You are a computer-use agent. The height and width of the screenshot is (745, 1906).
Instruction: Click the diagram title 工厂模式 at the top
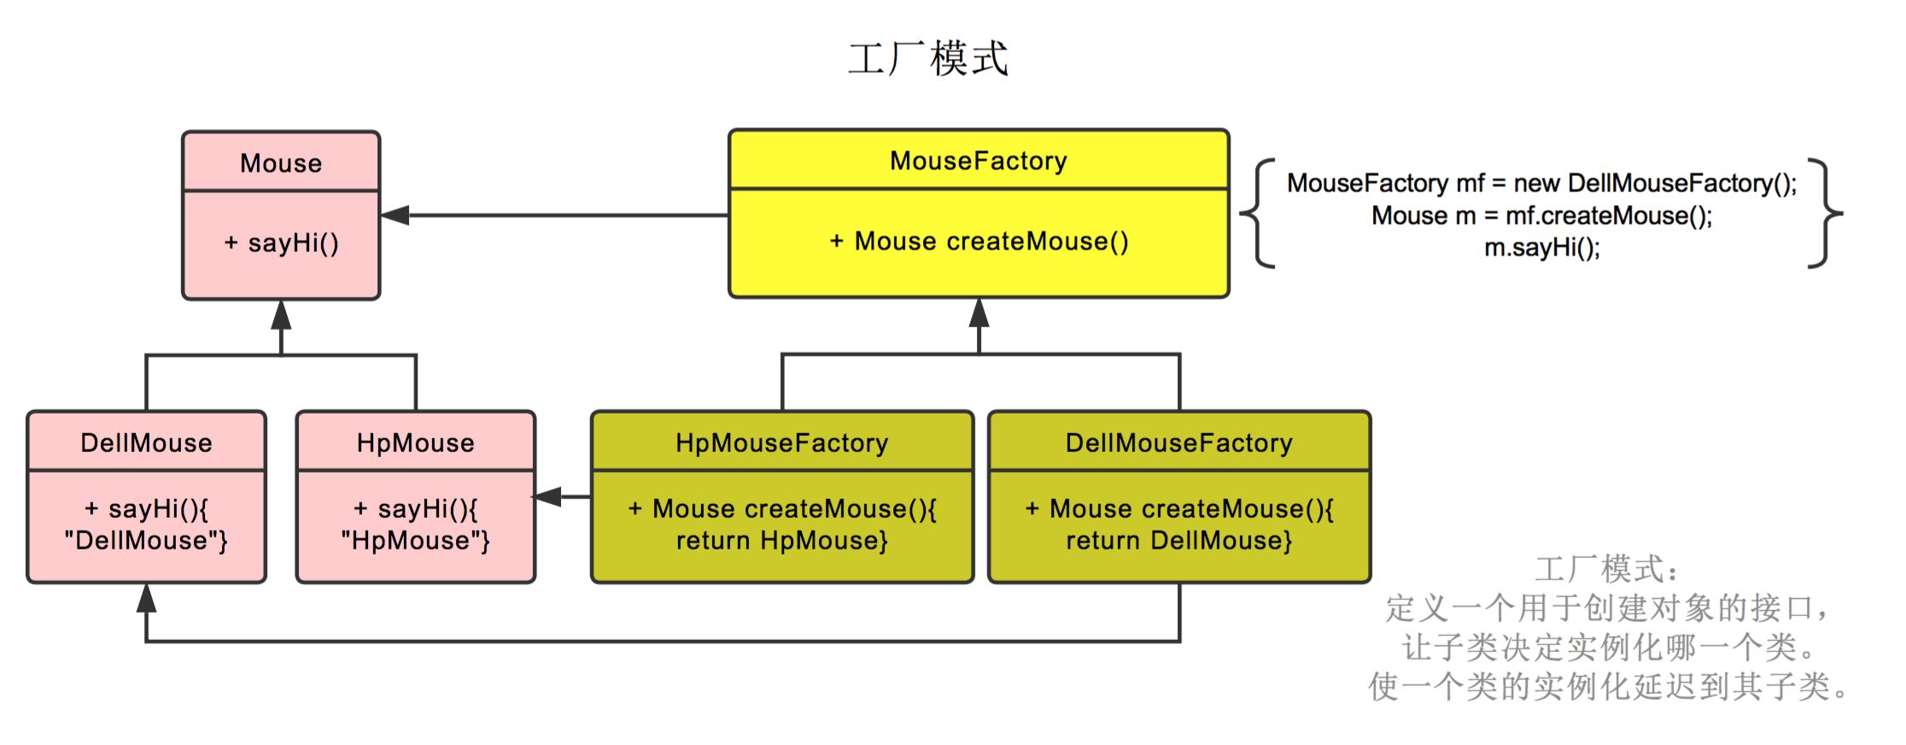927,58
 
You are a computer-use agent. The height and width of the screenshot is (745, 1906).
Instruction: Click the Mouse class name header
281,162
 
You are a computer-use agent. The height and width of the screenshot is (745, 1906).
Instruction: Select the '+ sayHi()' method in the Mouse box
281,243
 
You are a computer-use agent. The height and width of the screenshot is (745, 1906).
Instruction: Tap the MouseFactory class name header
979,161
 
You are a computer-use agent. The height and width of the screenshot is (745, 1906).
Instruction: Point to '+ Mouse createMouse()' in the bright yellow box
979,242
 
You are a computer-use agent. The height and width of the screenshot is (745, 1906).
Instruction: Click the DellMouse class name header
146,443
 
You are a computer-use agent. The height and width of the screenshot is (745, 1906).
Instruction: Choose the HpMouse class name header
416,443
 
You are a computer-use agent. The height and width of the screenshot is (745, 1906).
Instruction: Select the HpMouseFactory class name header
781,443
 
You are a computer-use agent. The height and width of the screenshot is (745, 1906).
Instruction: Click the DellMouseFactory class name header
1178,443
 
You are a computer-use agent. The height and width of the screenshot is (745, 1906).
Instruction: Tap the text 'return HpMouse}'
781,541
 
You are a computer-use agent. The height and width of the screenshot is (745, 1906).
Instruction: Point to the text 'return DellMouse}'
1178,541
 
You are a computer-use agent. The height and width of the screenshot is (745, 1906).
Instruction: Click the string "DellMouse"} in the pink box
146,541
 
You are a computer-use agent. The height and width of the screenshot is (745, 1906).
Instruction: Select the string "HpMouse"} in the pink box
416,541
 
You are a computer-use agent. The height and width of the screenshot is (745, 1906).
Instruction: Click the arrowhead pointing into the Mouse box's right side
395,215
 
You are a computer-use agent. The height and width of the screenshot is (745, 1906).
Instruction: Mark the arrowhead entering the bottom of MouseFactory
979,313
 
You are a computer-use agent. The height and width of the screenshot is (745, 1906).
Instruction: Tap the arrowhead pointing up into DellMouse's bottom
146,598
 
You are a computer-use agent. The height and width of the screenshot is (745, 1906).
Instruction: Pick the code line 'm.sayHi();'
1541,248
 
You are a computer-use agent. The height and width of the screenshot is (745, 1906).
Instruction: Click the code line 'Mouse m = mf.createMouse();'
1541,215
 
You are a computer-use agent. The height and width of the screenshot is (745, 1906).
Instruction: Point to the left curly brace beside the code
1258,214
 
